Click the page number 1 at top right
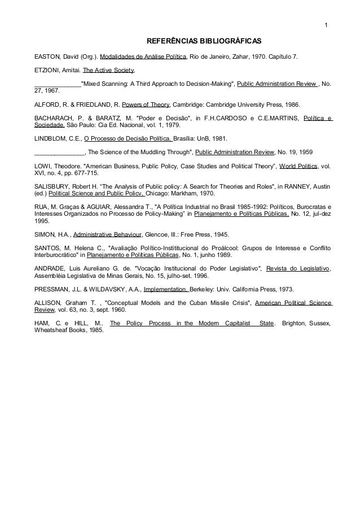[326, 24]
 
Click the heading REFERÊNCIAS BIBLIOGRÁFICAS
[204, 42]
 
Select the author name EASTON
[47, 57]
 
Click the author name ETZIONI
[47, 71]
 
